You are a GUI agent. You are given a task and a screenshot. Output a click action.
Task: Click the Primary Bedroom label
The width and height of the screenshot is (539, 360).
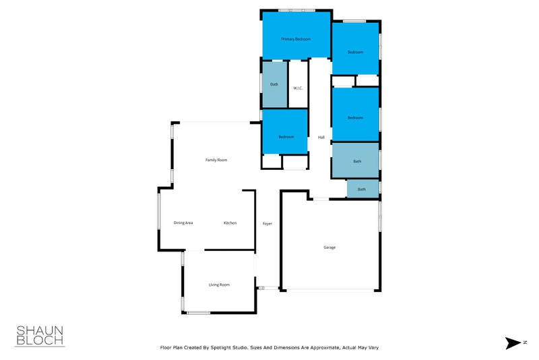[x=296, y=39]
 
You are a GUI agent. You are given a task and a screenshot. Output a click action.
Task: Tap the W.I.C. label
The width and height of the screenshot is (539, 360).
[x=298, y=88]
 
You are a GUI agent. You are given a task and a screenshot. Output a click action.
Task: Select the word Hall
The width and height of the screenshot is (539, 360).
[x=321, y=138]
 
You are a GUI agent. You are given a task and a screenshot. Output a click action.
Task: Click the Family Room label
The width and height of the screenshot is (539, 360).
[x=216, y=160]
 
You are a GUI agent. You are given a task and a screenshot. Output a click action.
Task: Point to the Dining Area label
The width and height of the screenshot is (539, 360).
[x=183, y=222]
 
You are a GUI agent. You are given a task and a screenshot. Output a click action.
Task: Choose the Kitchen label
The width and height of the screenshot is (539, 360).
[x=230, y=222]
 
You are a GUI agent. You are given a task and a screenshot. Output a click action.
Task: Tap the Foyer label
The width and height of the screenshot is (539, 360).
[x=267, y=223]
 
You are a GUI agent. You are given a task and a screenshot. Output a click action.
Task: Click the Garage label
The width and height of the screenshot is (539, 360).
[x=329, y=247]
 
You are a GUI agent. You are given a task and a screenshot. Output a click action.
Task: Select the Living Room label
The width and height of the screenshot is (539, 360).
[x=219, y=284]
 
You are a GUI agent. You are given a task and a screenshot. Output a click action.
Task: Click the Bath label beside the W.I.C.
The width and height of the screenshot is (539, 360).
[x=274, y=84]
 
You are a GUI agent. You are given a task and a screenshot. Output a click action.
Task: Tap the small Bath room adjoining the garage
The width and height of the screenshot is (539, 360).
[x=362, y=189]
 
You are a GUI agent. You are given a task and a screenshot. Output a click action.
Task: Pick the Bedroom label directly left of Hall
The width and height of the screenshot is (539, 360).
[x=286, y=137]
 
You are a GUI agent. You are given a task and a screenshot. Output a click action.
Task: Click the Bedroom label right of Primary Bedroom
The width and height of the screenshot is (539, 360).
[x=355, y=52]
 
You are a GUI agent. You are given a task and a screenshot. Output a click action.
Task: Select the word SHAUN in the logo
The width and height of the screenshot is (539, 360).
[x=40, y=330]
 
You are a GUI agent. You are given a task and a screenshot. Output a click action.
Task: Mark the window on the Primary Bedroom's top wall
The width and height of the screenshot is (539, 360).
[x=297, y=10]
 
